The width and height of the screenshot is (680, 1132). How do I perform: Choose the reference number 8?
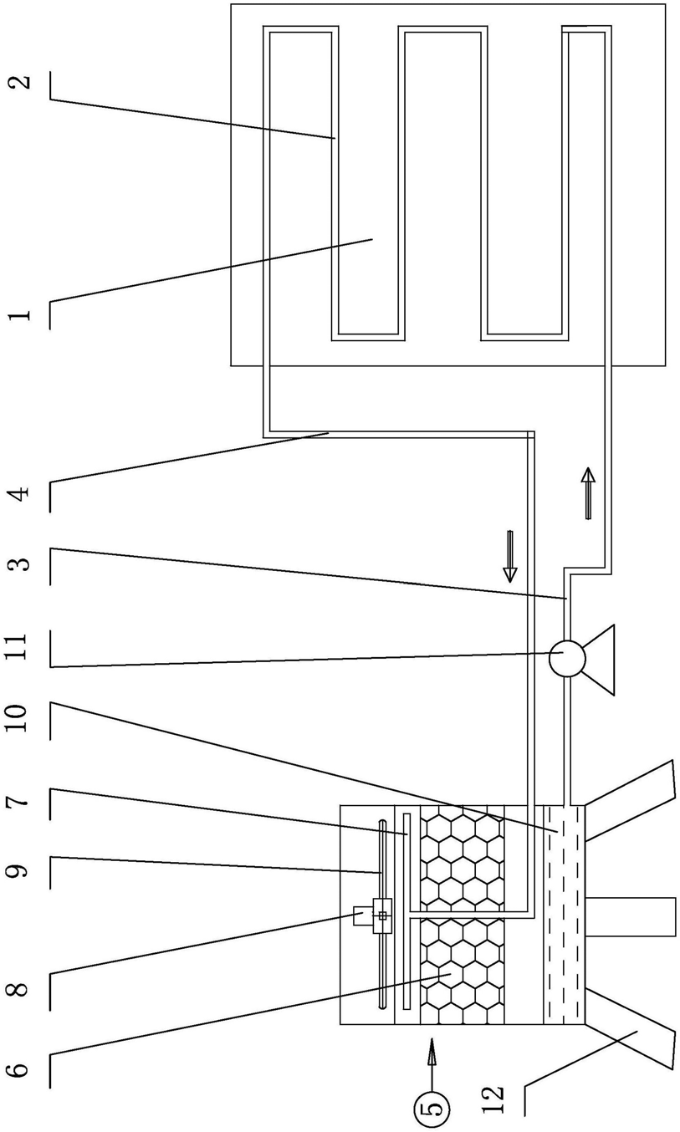click(19, 987)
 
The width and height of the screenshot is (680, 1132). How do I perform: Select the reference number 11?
click(19, 646)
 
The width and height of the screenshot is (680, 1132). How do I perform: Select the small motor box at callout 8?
click(363, 915)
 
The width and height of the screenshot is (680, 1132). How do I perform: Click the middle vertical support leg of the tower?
click(630, 916)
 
